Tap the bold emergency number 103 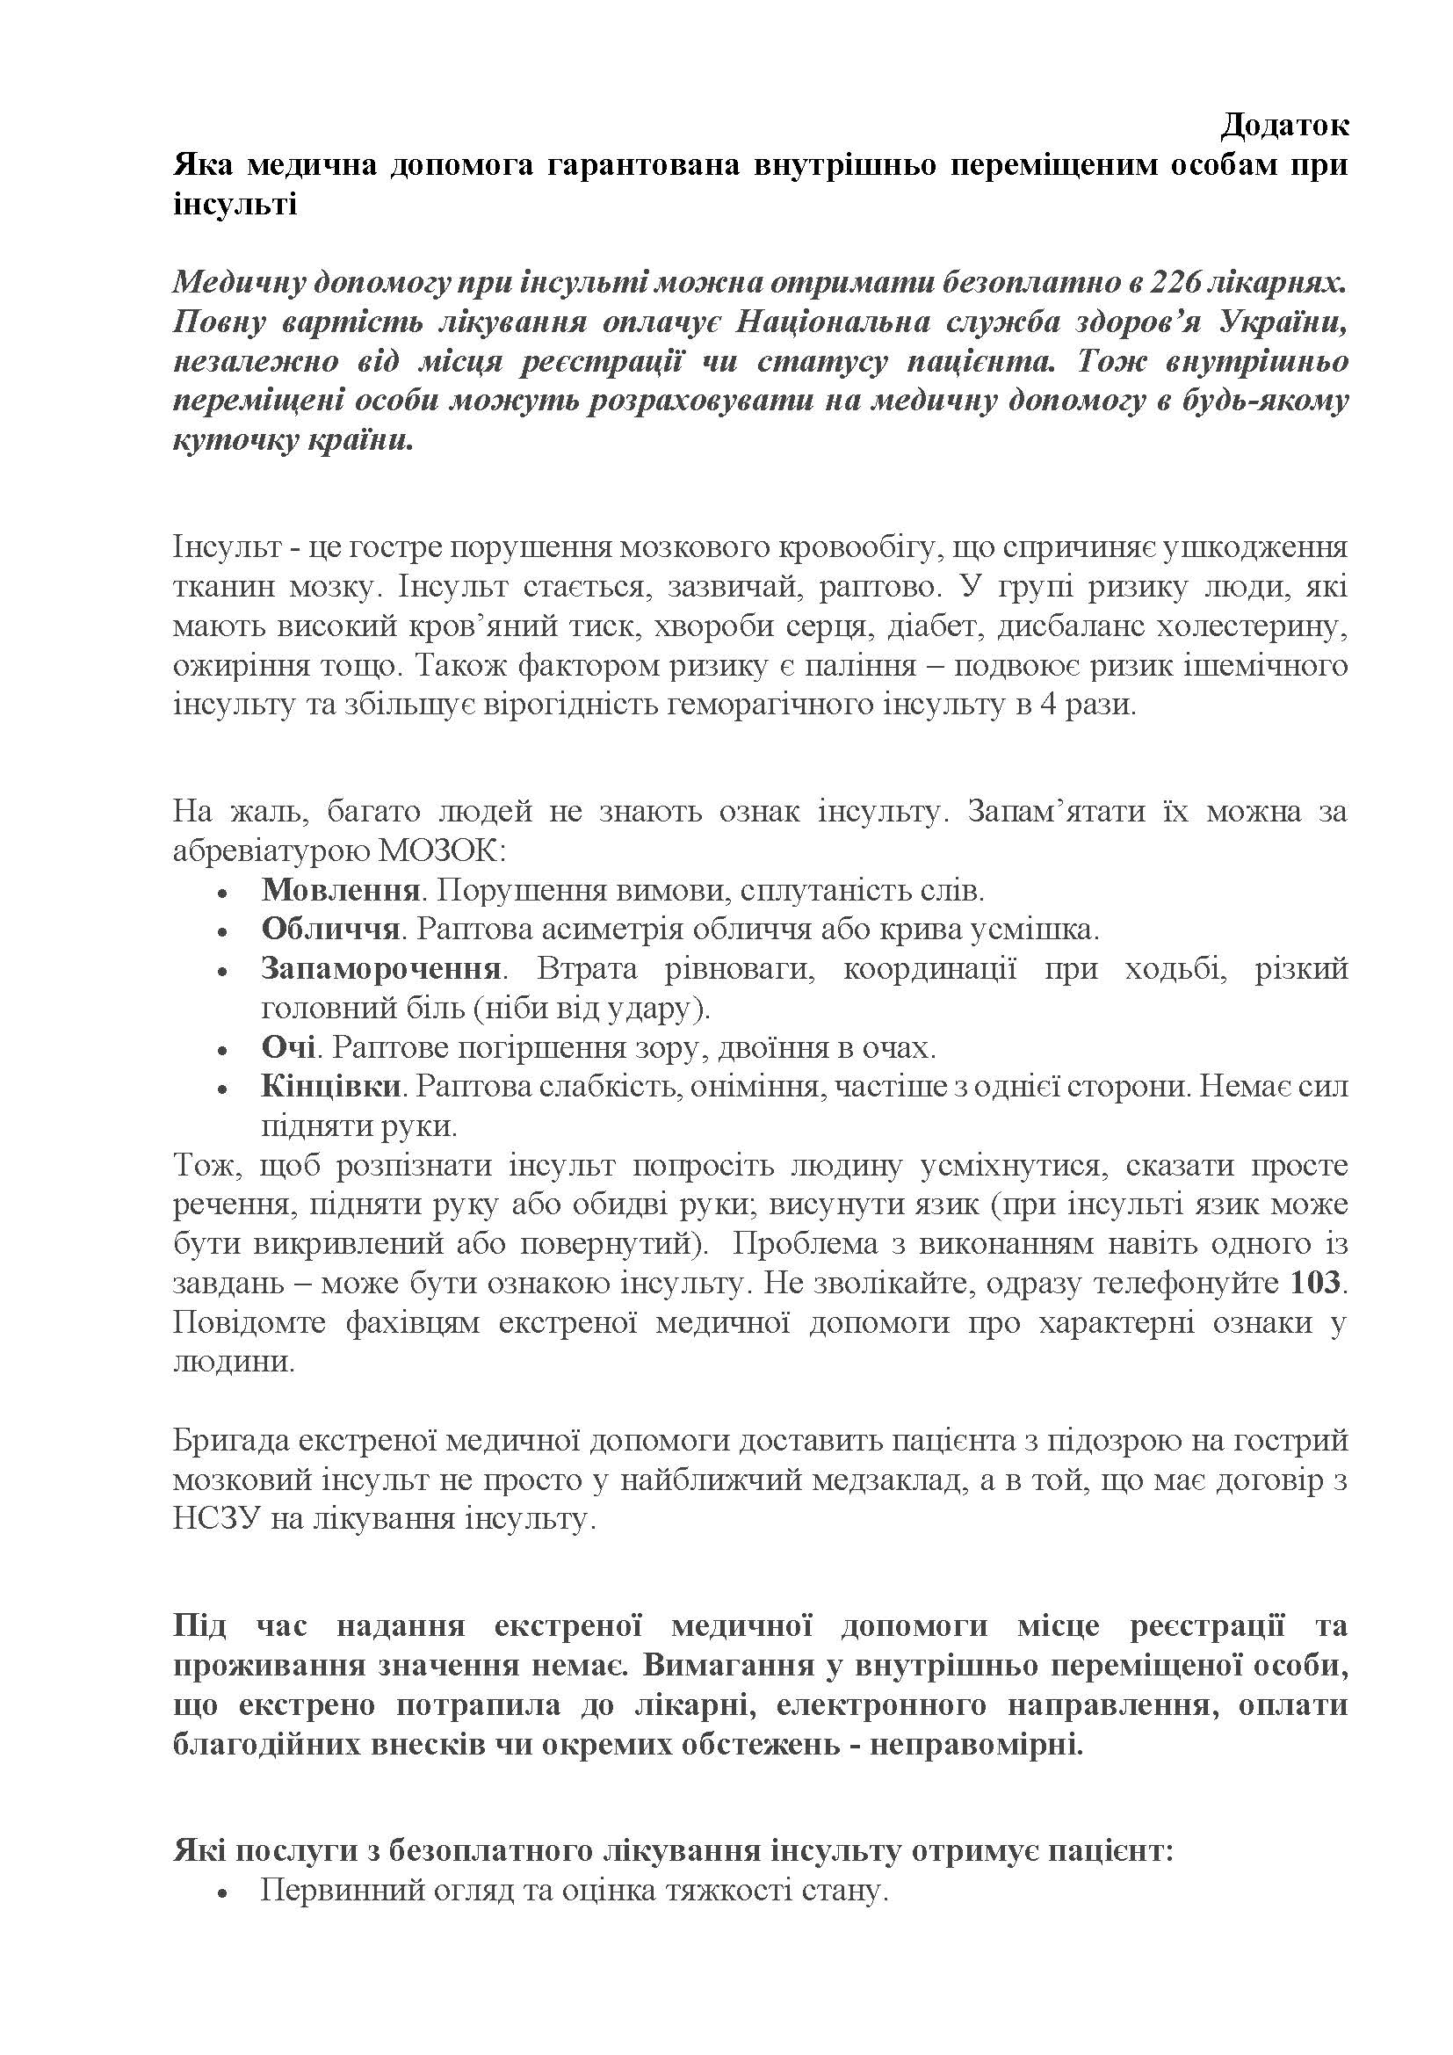pyautogui.click(x=1315, y=1284)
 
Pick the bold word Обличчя pyautogui.click(x=330, y=929)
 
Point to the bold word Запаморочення pyautogui.click(x=380, y=968)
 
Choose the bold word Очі pyautogui.click(x=286, y=1047)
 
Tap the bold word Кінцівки pyautogui.click(x=330, y=1087)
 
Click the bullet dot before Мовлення pyautogui.click(x=222, y=893)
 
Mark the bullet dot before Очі pyautogui.click(x=222, y=1050)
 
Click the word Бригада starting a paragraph pyautogui.click(x=228, y=1441)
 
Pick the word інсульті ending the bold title pyautogui.click(x=235, y=206)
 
